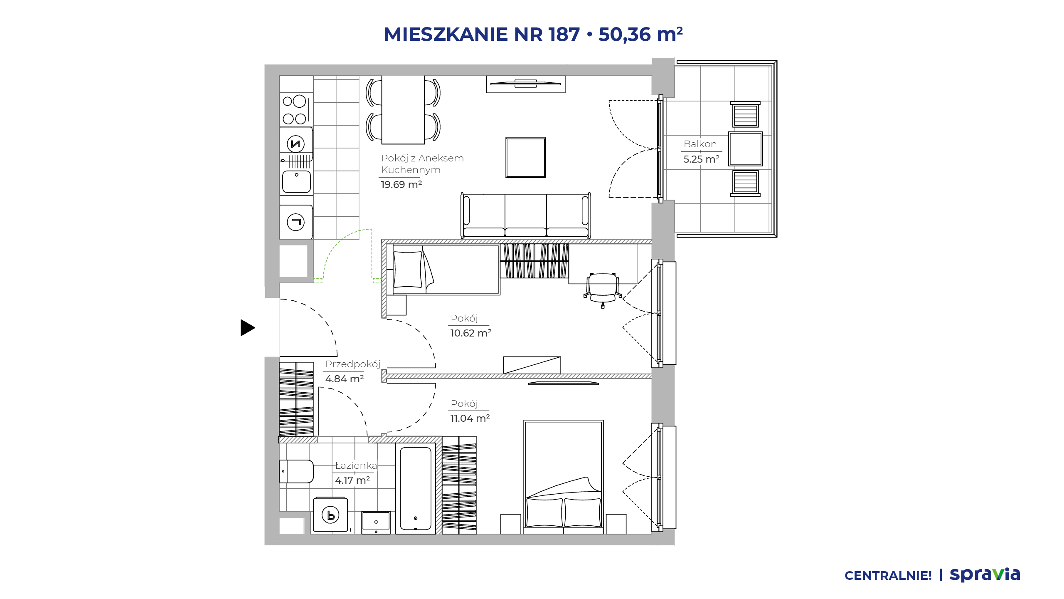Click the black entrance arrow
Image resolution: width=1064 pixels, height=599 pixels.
(x=247, y=328)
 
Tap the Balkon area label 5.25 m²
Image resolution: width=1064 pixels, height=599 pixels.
(x=702, y=159)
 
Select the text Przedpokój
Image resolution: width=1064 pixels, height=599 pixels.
(x=353, y=364)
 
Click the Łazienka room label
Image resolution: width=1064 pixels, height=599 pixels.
(x=356, y=465)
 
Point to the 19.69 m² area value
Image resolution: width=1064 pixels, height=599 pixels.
(x=401, y=184)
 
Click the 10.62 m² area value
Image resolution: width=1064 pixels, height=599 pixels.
(x=471, y=333)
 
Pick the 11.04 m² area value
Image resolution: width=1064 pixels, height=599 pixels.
(x=470, y=418)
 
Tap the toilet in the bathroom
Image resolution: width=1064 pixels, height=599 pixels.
(x=296, y=471)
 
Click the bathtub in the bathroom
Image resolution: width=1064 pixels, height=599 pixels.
(x=416, y=488)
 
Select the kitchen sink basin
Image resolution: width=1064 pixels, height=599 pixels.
(x=296, y=182)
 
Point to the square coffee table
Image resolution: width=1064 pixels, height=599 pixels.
(x=526, y=158)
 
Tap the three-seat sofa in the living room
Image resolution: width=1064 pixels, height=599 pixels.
(x=526, y=215)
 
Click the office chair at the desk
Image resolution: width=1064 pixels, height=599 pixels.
(x=603, y=289)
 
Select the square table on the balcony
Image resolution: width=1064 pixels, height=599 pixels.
(x=746, y=149)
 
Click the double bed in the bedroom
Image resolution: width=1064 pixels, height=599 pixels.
(x=564, y=476)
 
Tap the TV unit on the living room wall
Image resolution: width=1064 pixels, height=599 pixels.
(x=526, y=84)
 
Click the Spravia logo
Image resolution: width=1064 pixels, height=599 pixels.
(x=985, y=574)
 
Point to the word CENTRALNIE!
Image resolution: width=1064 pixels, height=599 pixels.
(x=888, y=576)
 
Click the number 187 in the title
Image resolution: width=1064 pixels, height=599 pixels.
(x=564, y=34)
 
